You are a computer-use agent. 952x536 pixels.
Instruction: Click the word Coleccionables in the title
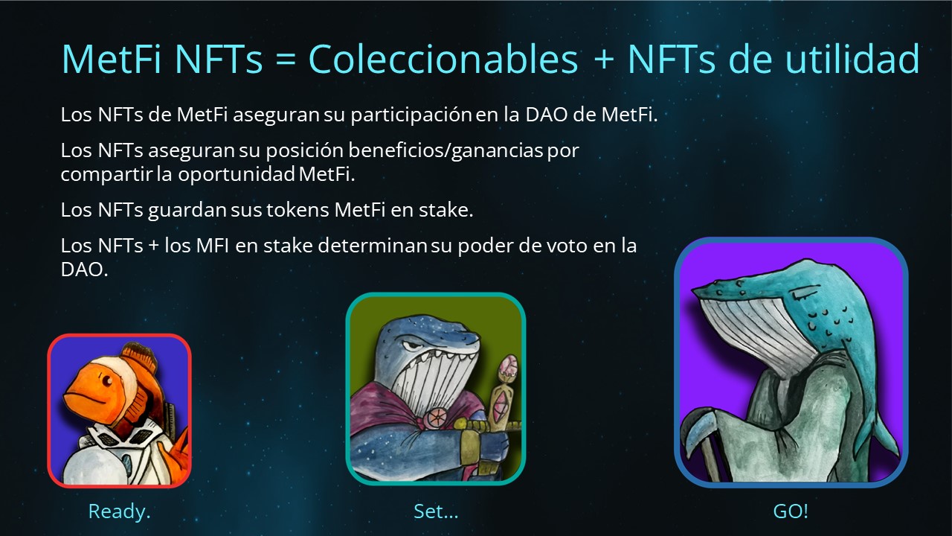443,59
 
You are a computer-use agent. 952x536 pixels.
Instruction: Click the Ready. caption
120,511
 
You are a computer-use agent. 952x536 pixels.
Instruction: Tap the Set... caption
436,511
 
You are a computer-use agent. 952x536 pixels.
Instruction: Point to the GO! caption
791,511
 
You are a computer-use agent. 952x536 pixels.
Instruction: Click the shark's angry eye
411,345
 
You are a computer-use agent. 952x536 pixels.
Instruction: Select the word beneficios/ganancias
446,150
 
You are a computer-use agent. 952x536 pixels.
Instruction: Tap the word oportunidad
237,174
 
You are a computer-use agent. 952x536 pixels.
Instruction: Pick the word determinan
373,246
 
